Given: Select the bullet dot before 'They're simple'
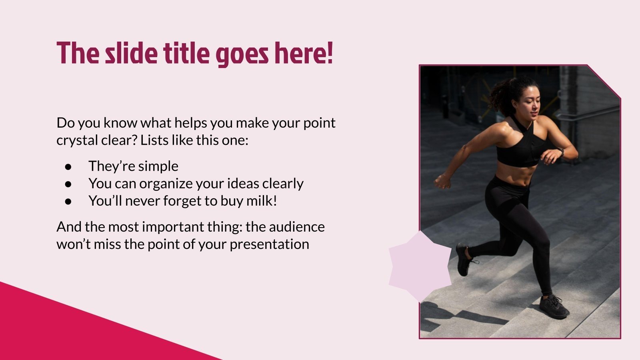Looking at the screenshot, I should pos(68,166).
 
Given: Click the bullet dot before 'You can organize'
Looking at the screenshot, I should pos(68,184).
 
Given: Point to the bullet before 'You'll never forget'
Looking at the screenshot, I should pos(68,201).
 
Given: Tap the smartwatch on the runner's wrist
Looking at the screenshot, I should pos(560,152).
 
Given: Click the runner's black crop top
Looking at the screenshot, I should pos(520,148).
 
